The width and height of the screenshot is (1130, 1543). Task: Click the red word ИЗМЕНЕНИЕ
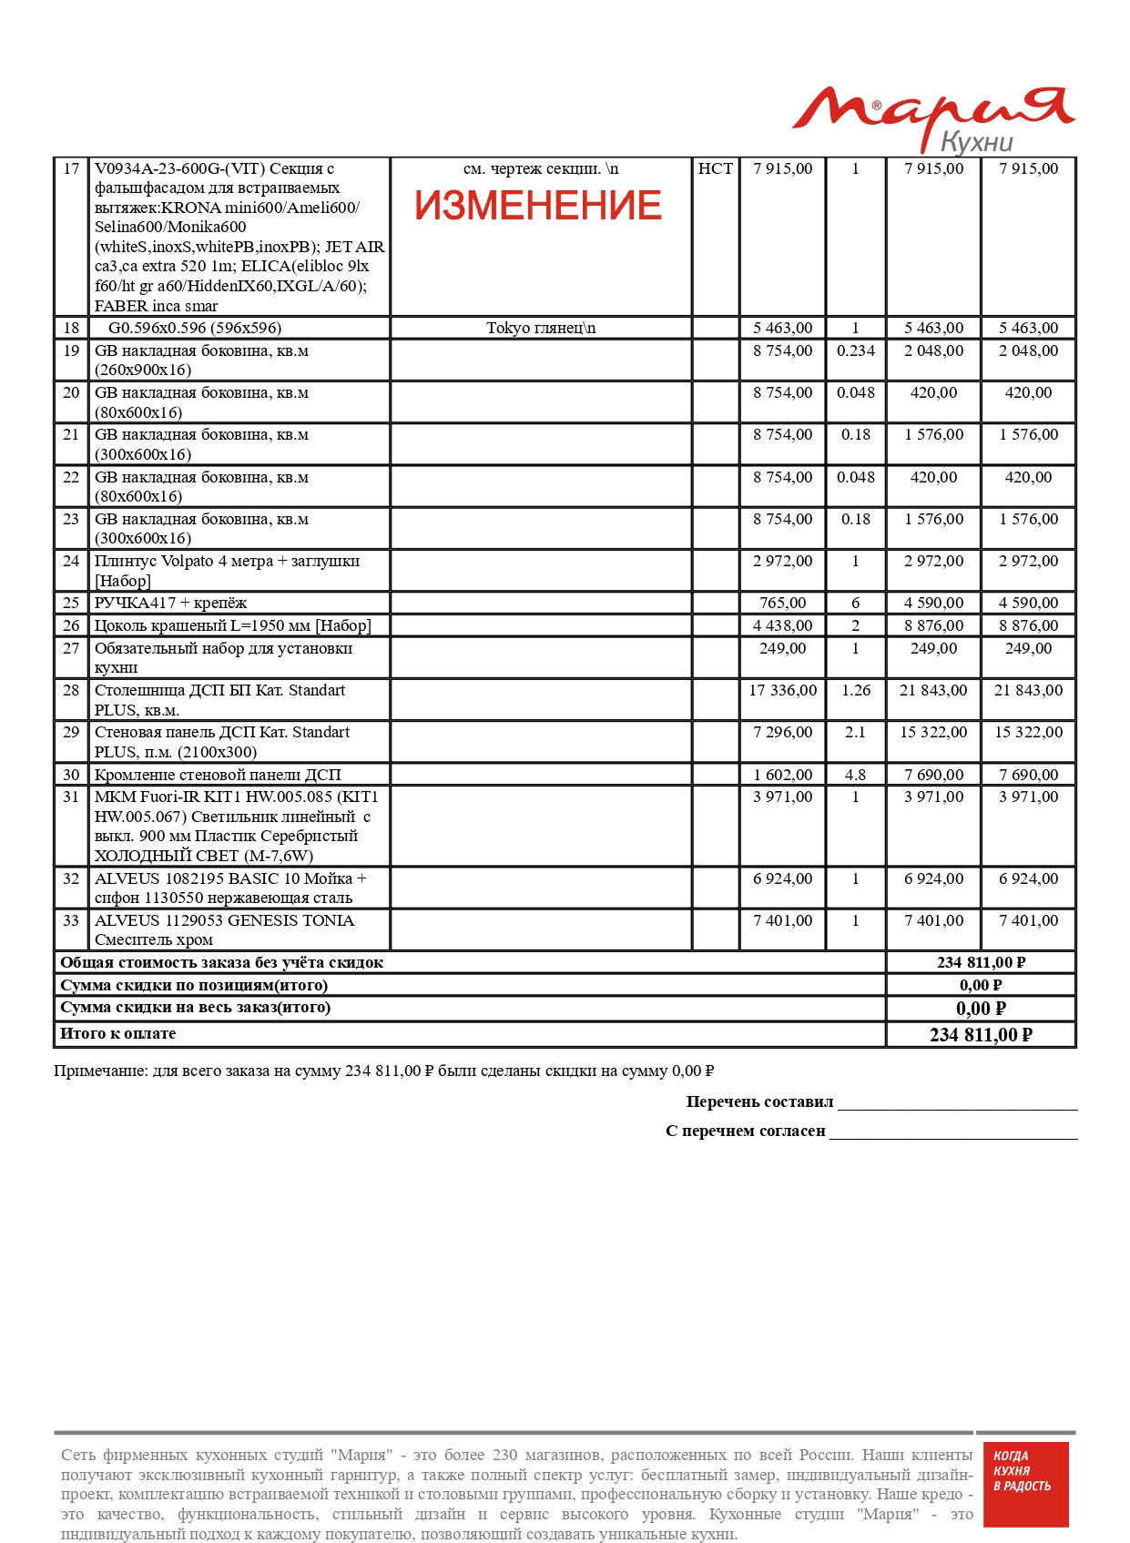pyautogui.click(x=537, y=206)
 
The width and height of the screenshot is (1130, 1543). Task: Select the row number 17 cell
pyautogui.click(x=71, y=169)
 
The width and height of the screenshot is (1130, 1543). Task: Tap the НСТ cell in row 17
pyautogui.click(x=715, y=169)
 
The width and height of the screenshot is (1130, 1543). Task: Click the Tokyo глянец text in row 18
pyautogui.click(x=540, y=329)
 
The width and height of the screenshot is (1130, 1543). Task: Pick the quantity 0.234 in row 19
pyautogui.click(x=855, y=351)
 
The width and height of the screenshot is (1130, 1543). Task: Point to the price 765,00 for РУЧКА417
pyautogui.click(x=782, y=604)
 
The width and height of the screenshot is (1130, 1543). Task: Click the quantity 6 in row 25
pyautogui.click(x=855, y=604)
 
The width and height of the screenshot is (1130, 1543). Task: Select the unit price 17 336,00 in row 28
pyautogui.click(x=782, y=691)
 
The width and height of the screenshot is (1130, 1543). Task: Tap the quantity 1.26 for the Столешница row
pyautogui.click(x=855, y=691)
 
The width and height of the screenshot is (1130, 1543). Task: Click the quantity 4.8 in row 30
pyautogui.click(x=855, y=776)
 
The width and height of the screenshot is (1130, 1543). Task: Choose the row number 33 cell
pyautogui.click(x=71, y=921)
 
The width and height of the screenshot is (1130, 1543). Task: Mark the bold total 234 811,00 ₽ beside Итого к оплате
pyautogui.click(x=981, y=1035)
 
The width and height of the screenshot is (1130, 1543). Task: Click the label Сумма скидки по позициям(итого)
pyautogui.click(x=194, y=986)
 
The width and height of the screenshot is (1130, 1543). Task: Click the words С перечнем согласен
pyautogui.click(x=745, y=1132)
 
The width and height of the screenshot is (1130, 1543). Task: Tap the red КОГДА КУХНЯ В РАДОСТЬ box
pyautogui.click(x=1025, y=1484)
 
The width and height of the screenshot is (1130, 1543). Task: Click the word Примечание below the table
pyautogui.click(x=100, y=1071)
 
